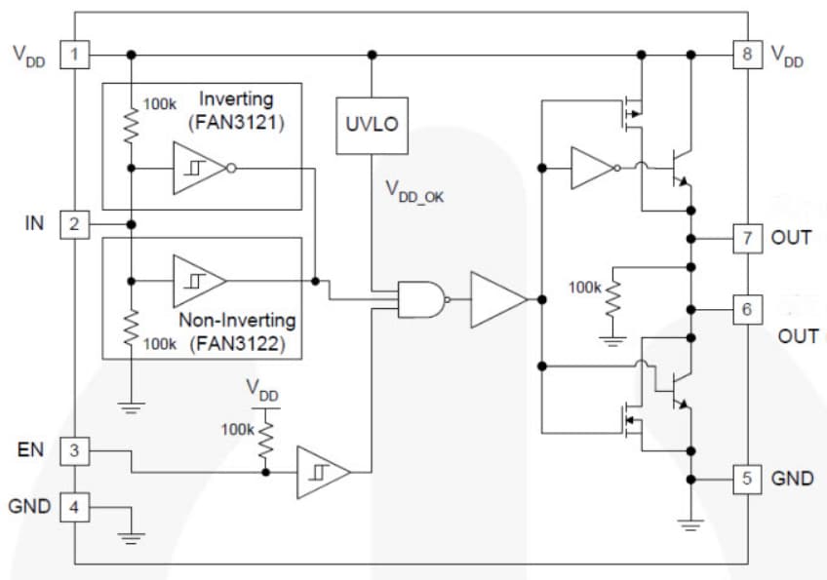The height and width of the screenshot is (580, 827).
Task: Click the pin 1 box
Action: (x=74, y=55)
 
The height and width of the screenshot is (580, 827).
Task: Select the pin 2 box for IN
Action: (x=74, y=224)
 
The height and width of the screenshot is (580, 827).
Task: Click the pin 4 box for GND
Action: (x=74, y=506)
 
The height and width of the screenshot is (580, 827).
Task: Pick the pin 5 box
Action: (x=747, y=480)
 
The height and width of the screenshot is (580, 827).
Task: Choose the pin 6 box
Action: (x=747, y=309)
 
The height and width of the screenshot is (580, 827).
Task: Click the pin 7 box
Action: (x=747, y=238)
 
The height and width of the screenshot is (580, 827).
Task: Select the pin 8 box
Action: (x=747, y=55)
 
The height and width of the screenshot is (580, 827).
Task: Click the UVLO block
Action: (x=371, y=125)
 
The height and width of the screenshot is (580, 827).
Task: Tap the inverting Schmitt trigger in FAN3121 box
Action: (x=200, y=169)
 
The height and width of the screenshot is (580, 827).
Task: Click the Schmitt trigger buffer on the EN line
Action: (x=322, y=473)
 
